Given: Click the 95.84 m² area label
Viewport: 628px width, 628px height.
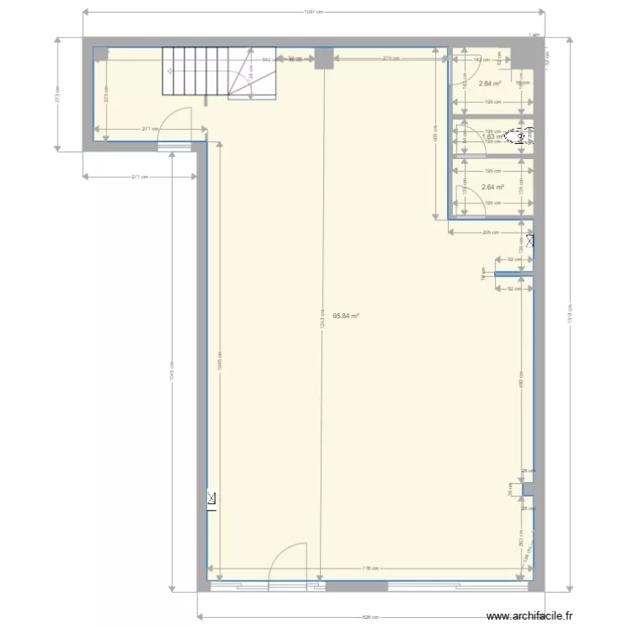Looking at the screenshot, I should [x=346, y=317].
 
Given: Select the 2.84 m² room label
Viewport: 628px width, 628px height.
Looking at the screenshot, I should [x=490, y=83].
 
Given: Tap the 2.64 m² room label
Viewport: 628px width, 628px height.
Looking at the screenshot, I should [x=491, y=187].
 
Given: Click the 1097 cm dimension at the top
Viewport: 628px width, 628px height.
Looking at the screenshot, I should [x=313, y=12].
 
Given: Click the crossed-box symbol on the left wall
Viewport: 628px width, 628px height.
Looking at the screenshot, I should [x=212, y=500].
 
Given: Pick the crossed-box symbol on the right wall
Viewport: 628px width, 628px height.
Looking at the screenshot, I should [x=530, y=241].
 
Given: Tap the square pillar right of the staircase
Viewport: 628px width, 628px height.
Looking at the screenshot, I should [x=323, y=58].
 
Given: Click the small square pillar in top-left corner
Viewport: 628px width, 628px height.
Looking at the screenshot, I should [x=100, y=54].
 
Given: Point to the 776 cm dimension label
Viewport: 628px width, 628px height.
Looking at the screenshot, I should [x=368, y=569].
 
